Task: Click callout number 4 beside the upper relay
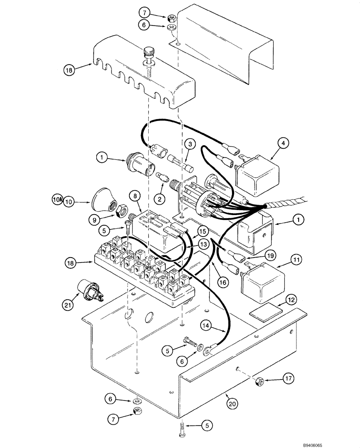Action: pyautogui.click(x=283, y=143)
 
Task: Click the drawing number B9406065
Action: pyautogui.click(x=342, y=444)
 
